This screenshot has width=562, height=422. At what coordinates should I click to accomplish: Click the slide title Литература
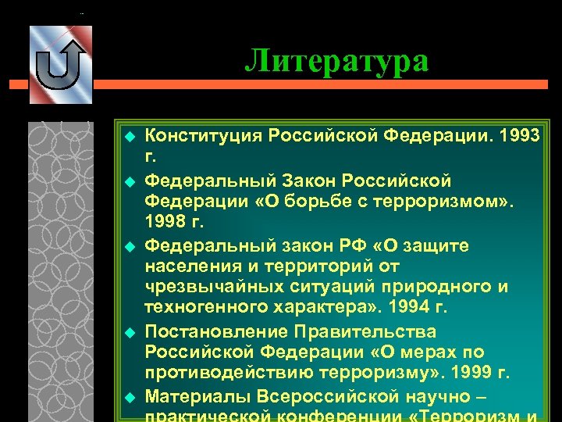[336, 60]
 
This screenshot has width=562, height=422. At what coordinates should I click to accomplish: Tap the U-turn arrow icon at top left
[60, 63]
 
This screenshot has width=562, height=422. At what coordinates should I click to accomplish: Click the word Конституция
[205, 136]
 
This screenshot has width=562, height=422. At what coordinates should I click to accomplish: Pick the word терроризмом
[443, 202]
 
